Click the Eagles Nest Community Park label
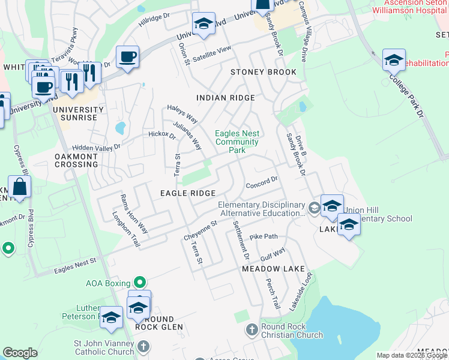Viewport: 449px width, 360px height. tap(237, 142)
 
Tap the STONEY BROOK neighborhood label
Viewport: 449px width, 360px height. tap(264, 72)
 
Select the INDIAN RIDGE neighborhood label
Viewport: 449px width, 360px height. tap(226, 97)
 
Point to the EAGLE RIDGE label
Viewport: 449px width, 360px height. tap(187, 193)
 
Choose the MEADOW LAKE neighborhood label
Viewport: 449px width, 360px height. tap(273, 269)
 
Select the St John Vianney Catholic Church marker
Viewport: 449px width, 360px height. tap(143, 347)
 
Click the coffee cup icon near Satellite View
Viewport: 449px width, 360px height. tap(127, 58)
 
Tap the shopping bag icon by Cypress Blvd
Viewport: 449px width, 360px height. tap(20, 187)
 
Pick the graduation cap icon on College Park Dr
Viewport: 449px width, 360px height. tap(394, 61)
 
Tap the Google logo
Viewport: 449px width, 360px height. tap(20, 353)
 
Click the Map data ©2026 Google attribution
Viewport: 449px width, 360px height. tap(411, 355)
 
